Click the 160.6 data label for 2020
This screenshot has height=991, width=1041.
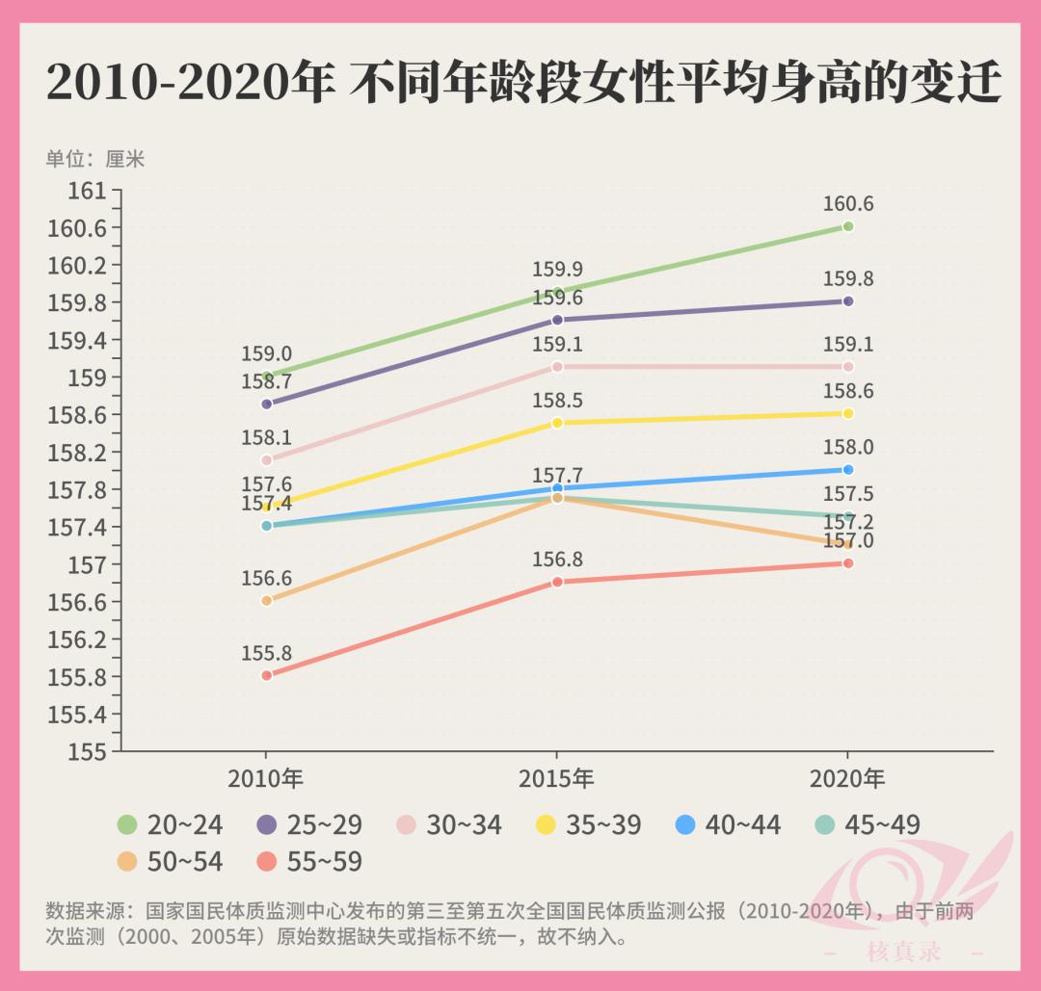click(847, 204)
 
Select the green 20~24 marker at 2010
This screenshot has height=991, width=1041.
click(267, 377)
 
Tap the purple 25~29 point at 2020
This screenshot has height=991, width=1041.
click(848, 301)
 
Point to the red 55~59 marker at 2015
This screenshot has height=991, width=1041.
click(557, 582)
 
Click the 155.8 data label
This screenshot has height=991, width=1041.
click(266, 654)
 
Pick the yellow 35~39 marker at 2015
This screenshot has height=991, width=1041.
click(557, 423)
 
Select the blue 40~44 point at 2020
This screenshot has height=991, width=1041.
click(848, 470)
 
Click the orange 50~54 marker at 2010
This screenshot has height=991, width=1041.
click(267, 600)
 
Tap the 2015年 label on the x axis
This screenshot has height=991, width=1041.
click(557, 778)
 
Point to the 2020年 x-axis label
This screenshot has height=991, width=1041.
click(847, 778)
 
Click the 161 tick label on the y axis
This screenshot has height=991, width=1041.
click(87, 191)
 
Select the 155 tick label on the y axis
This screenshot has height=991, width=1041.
click(87, 751)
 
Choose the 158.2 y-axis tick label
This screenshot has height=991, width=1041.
click(76, 453)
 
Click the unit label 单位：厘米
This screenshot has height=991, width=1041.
click(94, 159)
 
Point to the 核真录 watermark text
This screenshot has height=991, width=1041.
click(903, 952)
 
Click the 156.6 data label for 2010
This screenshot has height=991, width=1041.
click(266, 579)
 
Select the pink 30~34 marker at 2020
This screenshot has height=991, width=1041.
click(848, 367)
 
